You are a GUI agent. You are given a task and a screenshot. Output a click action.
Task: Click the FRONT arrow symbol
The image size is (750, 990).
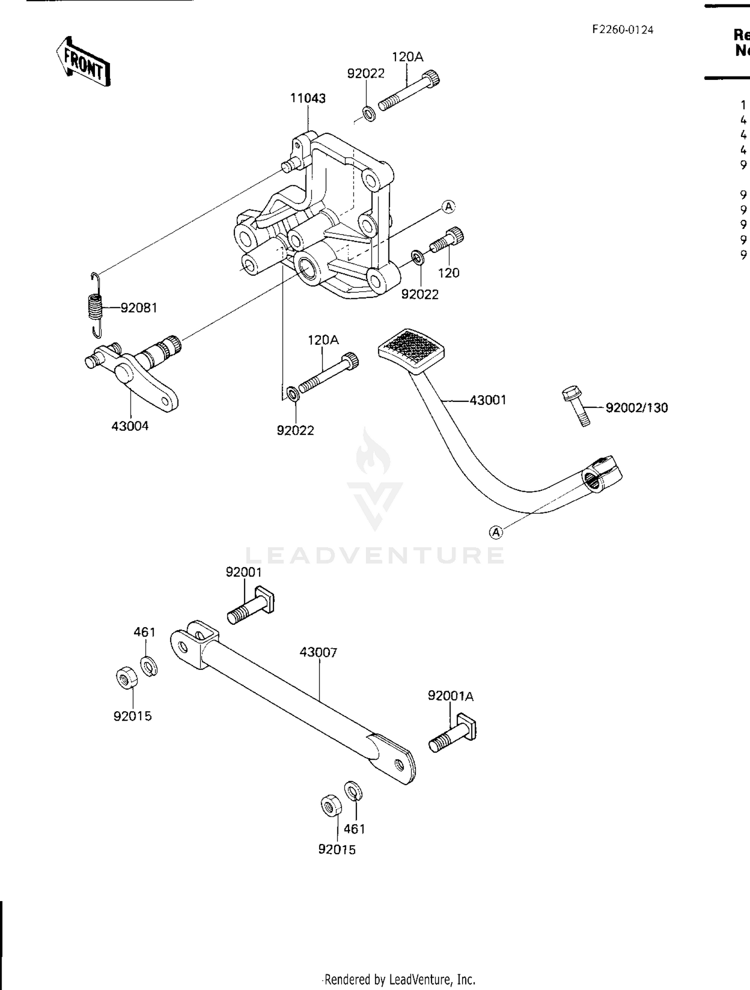coord(83,62)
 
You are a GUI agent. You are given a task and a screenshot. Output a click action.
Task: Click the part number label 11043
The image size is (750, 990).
coord(307,98)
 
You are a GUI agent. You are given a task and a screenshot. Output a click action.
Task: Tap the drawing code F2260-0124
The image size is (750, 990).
coord(622,29)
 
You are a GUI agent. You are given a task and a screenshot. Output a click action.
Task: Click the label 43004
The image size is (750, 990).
coord(130,426)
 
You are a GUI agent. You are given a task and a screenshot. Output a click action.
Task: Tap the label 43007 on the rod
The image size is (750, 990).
coord(318,652)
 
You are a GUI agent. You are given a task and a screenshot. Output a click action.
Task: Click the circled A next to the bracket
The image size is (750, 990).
coord(448,206)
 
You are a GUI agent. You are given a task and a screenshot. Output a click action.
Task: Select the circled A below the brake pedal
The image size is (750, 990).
coord(495,533)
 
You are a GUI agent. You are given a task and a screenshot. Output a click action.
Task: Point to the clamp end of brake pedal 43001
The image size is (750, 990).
coord(601,474)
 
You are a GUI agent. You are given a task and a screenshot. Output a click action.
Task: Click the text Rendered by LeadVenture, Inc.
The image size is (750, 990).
coord(398,979)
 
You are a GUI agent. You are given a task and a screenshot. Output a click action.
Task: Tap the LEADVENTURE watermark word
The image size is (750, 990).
coord(375,555)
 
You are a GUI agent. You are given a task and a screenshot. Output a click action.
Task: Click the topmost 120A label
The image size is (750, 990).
coord(407,57)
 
